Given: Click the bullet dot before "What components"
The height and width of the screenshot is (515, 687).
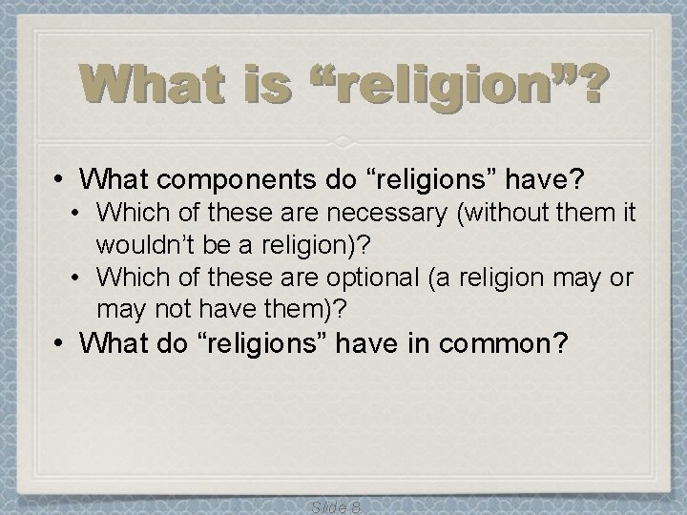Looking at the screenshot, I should click(x=60, y=178).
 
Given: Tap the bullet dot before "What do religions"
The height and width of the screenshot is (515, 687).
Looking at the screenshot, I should click(x=60, y=342).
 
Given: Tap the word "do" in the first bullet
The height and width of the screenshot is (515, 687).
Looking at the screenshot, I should click(x=301, y=178).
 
